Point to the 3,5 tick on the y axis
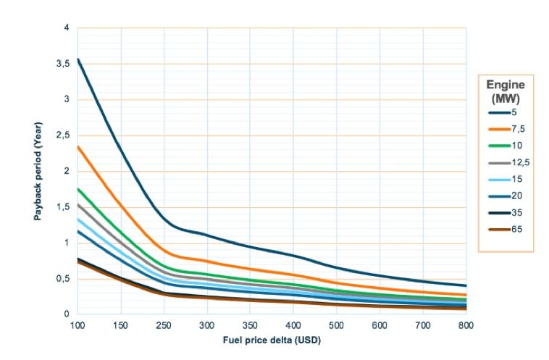click(62, 64)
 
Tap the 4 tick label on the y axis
click(66, 28)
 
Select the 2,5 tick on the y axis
click(62, 135)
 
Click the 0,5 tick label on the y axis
click(62, 279)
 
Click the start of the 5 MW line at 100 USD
click(77, 59)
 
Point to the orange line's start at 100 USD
click(77, 146)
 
